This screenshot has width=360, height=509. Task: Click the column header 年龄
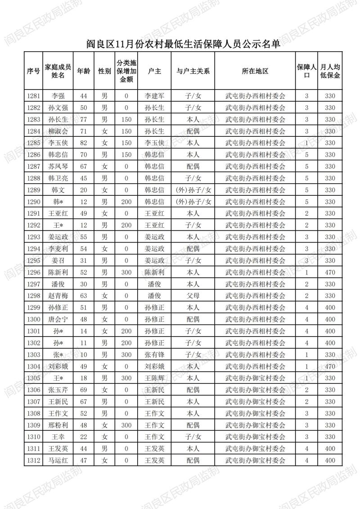(x=83, y=71)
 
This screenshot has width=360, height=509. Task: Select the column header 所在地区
(x=255, y=71)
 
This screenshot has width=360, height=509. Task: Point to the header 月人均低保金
(x=330, y=71)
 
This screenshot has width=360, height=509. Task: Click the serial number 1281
(x=33, y=96)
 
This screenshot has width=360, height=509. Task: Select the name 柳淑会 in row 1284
(x=58, y=131)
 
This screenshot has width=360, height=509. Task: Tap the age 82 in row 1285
(x=83, y=143)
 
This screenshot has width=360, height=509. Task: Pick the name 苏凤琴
(x=58, y=166)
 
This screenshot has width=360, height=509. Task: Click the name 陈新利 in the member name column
(x=58, y=272)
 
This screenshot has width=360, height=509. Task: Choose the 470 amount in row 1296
(x=330, y=272)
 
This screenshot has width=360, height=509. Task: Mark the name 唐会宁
(x=58, y=319)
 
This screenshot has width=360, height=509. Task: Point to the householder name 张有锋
(x=154, y=355)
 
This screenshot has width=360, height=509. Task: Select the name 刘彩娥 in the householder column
(x=154, y=366)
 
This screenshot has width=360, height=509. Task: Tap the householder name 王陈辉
(x=154, y=378)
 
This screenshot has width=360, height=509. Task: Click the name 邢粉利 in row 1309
(x=58, y=425)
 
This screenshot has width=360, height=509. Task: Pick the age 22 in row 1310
(x=83, y=437)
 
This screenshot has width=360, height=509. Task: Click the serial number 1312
(x=33, y=460)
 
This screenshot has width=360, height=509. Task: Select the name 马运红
(x=58, y=460)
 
